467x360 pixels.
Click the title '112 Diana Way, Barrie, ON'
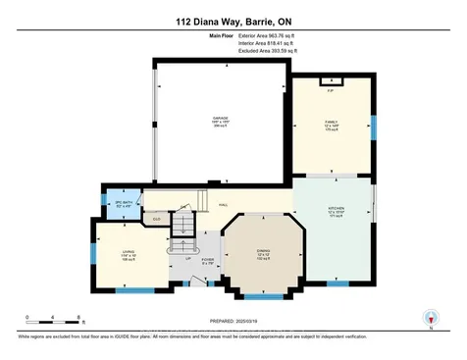(x=233, y=21)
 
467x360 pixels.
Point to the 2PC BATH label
(x=124, y=203)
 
